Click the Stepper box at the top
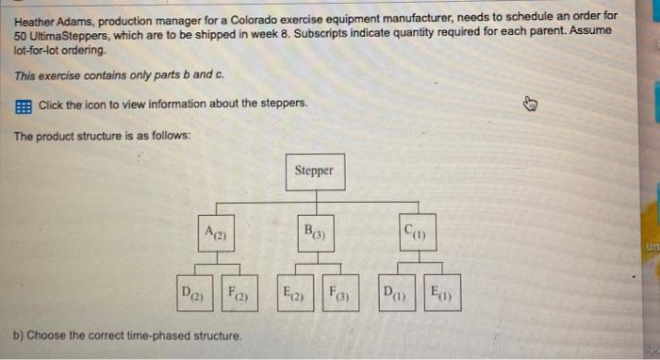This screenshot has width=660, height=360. coord(314,171)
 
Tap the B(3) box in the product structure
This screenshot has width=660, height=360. coord(314,232)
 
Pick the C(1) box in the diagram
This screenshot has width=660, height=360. coord(413,232)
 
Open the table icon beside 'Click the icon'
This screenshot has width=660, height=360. coord(23,103)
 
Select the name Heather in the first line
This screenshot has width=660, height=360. coord(36,16)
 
